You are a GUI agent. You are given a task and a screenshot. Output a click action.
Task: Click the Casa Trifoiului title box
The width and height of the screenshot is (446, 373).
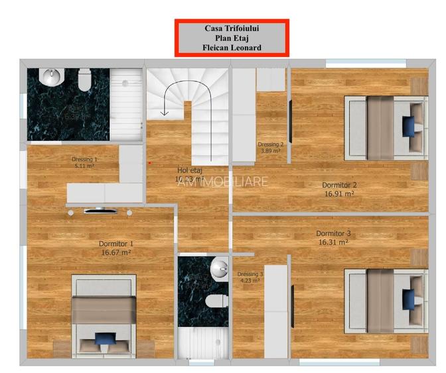click(x=231, y=38)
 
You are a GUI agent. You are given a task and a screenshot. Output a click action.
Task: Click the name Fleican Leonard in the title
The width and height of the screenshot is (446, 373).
click(x=232, y=48)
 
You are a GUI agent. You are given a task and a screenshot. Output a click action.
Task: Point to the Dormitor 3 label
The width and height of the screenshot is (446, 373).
click(x=333, y=233)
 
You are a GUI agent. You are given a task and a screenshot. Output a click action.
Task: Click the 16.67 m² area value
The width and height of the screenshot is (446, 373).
click(x=116, y=252)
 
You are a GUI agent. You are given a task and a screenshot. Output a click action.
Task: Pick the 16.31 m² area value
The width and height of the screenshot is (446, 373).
click(x=333, y=242)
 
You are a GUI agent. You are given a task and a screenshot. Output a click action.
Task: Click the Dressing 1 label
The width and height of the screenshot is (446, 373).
click(x=85, y=159)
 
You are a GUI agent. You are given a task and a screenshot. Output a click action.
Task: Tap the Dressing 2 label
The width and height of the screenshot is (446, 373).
click(x=271, y=144)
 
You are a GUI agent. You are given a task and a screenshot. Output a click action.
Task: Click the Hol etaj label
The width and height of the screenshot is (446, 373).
click(x=189, y=170)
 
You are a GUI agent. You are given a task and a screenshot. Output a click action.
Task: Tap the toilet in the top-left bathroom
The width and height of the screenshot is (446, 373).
click(x=84, y=81)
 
